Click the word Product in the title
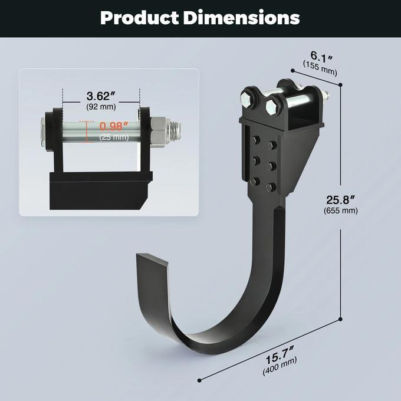[139, 18]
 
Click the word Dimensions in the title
[242, 18]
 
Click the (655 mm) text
[341, 210]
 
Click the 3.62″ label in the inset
[101, 96]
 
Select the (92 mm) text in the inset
[101, 107]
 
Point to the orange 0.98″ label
[114, 126]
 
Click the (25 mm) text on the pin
[113, 137]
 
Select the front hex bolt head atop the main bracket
[272, 107]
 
